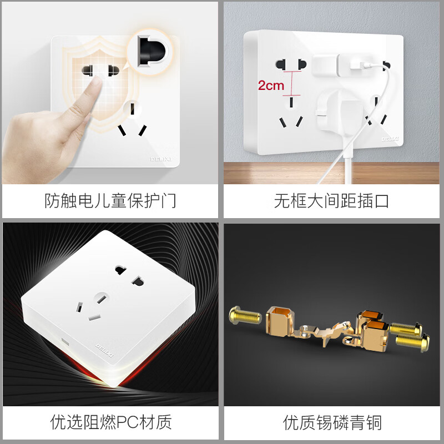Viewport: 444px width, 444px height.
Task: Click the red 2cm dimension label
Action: (271, 85)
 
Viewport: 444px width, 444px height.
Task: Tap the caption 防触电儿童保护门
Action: (110, 201)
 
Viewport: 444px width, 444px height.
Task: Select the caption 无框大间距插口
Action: (331, 201)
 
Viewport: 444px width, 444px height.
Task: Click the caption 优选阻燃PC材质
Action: (111, 422)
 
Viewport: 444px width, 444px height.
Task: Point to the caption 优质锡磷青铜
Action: (332, 422)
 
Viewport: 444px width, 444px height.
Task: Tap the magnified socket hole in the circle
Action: (151, 51)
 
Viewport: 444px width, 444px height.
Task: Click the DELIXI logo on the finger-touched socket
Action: (161, 159)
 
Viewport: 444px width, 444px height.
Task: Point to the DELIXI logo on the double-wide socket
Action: (390, 139)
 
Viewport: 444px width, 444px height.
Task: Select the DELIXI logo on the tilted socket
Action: (104, 351)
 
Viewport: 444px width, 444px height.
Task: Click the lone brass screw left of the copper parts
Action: (245, 316)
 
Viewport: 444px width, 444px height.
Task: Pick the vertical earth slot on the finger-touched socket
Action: (132, 109)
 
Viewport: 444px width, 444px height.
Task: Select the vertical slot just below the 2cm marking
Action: (291, 102)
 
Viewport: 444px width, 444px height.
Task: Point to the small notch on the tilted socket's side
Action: (65, 342)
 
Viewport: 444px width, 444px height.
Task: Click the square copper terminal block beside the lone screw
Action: (280, 321)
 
